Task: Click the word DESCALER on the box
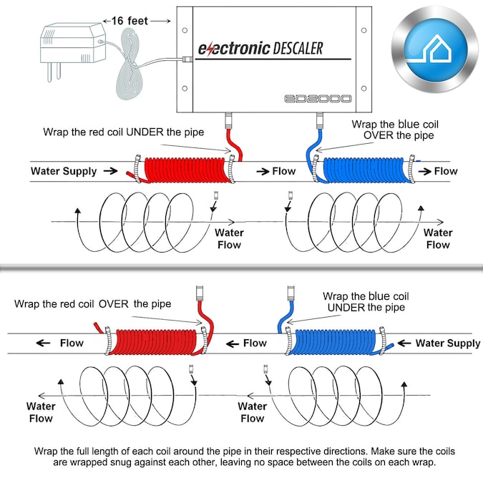[x=298, y=48]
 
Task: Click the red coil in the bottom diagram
[x=156, y=343]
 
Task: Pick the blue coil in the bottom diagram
[x=333, y=343]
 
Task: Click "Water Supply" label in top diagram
[x=63, y=172]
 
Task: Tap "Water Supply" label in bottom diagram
[x=448, y=343]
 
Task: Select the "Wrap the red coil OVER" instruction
[x=92, y=304]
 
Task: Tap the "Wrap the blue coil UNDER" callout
[x=366, y=301]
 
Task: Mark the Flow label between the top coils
[x=283, y=172]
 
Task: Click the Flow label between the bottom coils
[x=254, y=343]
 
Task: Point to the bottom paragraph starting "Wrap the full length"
[x=244, y=457]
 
